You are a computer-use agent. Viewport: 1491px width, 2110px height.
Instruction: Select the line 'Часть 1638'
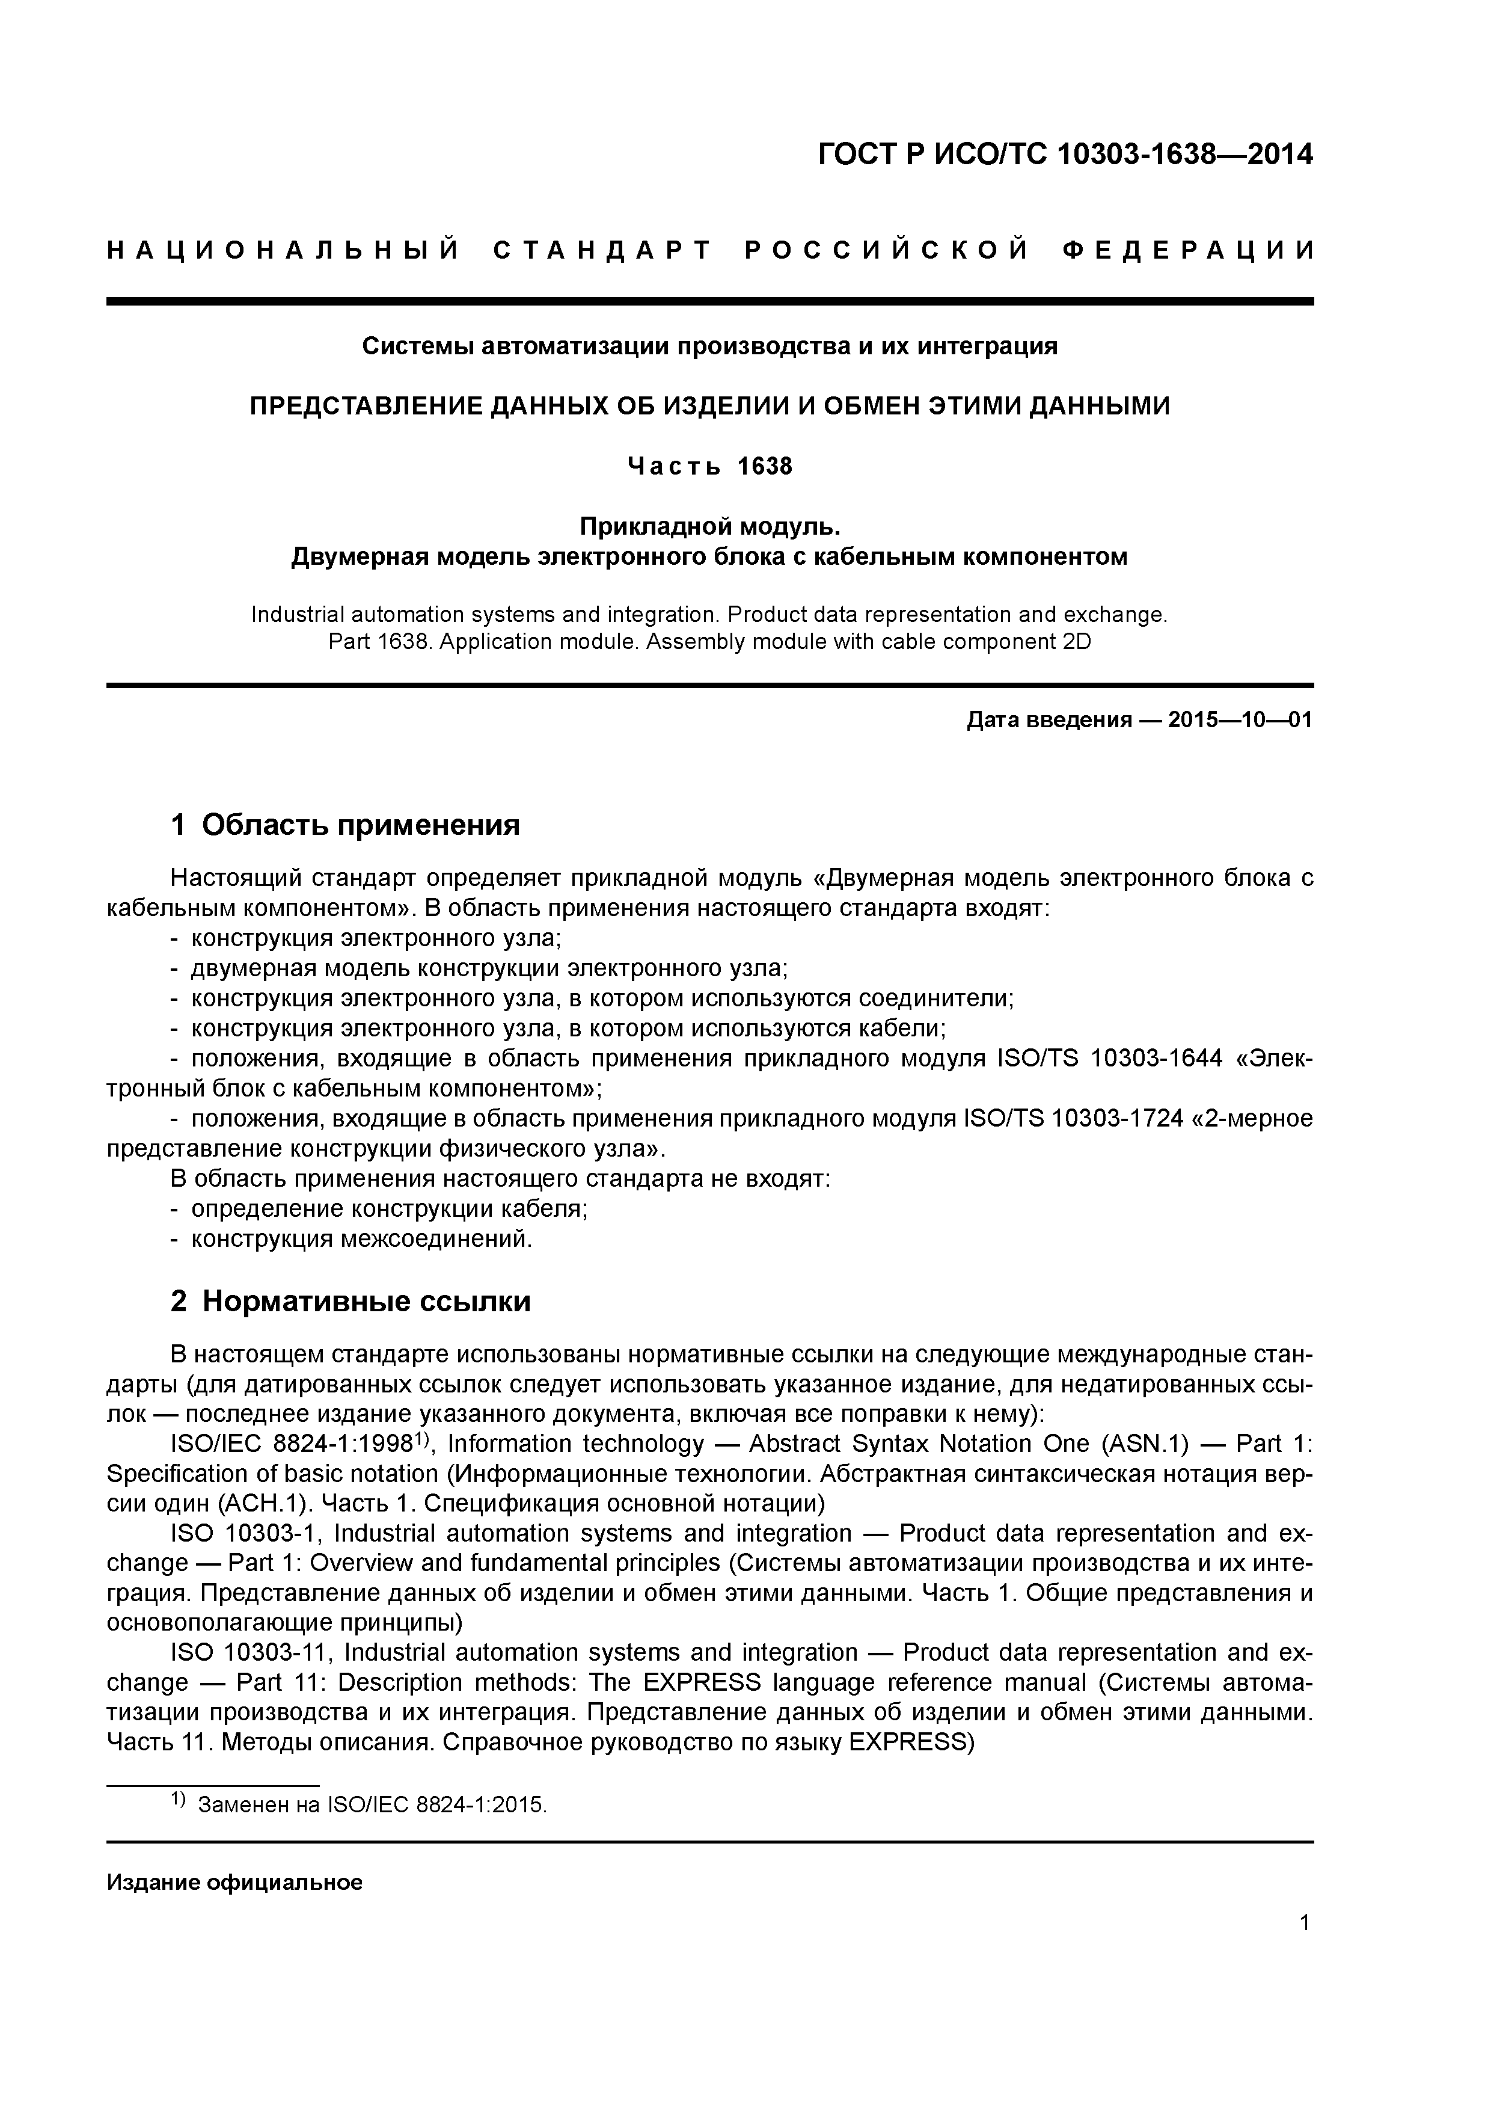click(709, 467)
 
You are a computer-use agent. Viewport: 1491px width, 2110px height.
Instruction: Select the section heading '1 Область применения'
click(346, 825)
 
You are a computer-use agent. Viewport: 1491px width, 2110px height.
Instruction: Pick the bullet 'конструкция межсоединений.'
click(361, 1239)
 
